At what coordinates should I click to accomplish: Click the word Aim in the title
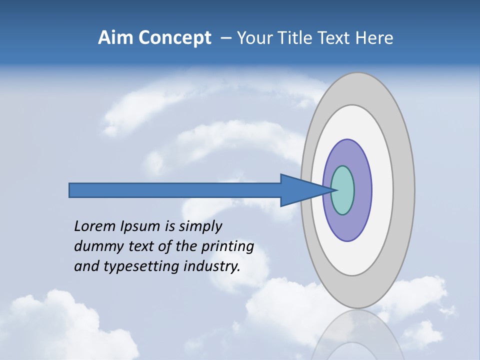115,38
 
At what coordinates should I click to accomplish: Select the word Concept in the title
174,38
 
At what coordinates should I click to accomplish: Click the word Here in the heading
374,38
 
